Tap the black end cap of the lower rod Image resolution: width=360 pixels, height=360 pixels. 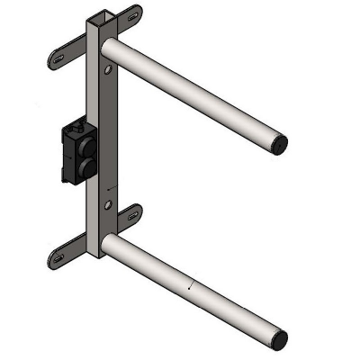tap(279, 338)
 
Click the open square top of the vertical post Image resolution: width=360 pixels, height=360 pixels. tap(98, 19)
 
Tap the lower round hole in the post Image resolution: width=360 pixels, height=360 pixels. tap(108, 207)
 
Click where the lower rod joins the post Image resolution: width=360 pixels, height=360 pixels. tap(107, 240)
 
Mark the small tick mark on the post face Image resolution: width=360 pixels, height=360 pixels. tap(108, 190)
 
